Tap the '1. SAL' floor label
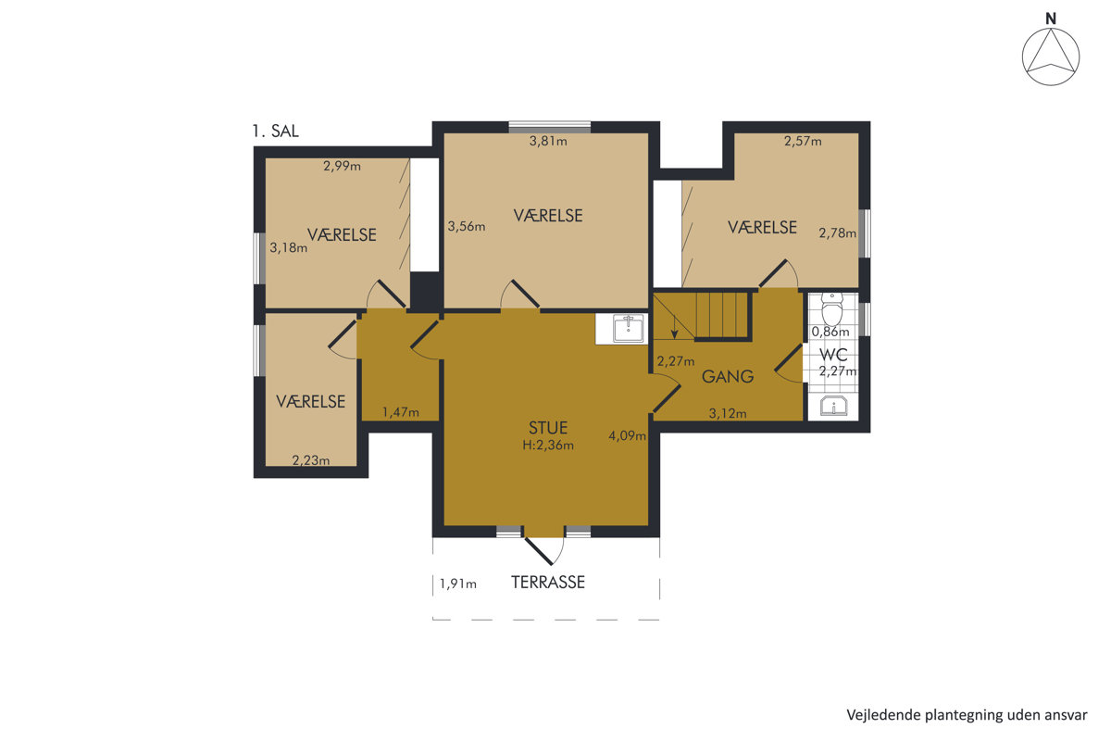coord(275,131)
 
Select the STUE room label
coord(548,428)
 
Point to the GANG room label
coord(728,377)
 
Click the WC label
coord(833,355)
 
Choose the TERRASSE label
coord(548,583)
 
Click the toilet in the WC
coord(831,308)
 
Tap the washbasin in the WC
coord(833,406)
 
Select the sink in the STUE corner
coord(628,329)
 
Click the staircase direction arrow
coord(675,328)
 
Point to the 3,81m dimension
coord(548,142)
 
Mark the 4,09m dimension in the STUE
coord(628,435)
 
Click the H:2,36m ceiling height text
coord(548,446)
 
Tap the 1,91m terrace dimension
coord(457,584)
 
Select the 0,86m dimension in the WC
coord(830,332)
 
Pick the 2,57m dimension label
coord(803,142)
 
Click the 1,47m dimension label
coord(400,412)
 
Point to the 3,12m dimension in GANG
coord(728,413)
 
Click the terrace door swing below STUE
coord(544,551)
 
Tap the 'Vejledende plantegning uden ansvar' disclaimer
coord(967,715)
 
